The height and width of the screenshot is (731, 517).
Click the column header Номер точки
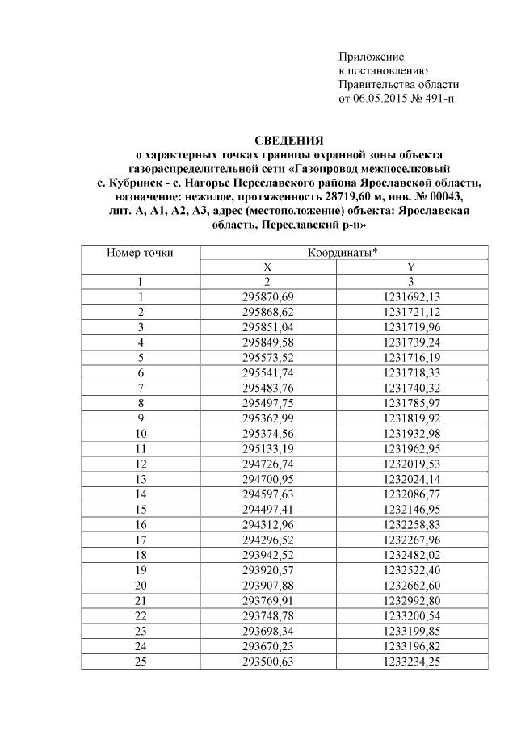140,253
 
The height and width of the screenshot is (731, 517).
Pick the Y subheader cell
410,267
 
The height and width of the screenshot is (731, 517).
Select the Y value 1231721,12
410,312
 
